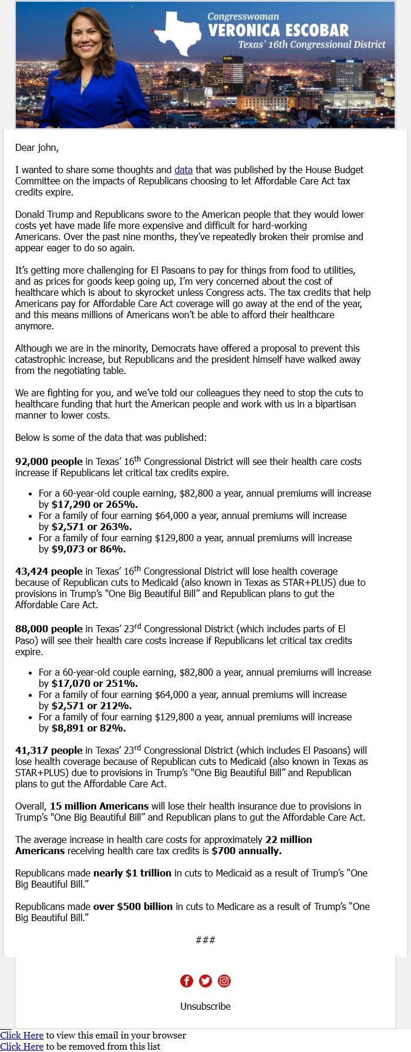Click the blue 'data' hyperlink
coord(183,170)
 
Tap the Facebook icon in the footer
coord(186,980)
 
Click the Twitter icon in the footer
coord(205,980)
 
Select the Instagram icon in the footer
coord(224,980)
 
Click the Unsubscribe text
coord(205,1006)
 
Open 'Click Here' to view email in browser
coord(22,1035)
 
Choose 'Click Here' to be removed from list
coord(22,1046)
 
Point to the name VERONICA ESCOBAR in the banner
coord(278,30)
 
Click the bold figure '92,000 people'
coord(49,462)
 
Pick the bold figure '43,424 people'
coord(49,572)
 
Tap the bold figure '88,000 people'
coord(49,629)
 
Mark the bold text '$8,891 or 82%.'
coord(89,728)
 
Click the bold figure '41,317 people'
coord(49,751)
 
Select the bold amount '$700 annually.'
coord(247,851)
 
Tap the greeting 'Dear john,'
coord(37,147)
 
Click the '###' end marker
coord(205,940)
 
